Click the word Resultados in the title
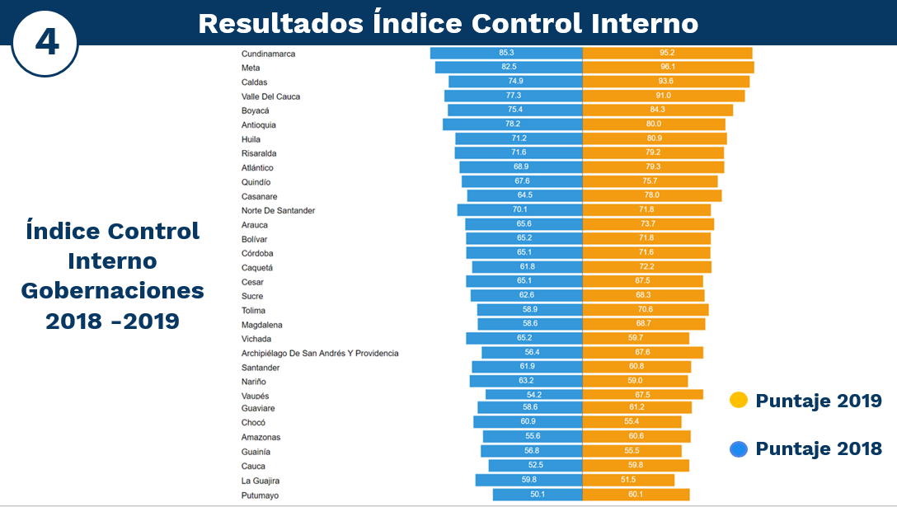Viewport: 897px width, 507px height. tap(279, 24)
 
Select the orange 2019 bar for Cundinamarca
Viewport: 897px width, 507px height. tap(667, 53)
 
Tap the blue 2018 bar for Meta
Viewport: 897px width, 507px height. tap(509, 68)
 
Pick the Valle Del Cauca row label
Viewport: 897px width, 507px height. tap(270, 96)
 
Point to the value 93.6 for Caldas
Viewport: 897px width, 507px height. tap(665, 82)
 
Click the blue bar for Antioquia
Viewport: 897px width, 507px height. tap(512, 124)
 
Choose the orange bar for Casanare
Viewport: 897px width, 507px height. tap(651, 196)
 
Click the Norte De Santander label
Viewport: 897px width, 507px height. tap(278, 210)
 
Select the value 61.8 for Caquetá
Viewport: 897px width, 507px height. tap(527, 267)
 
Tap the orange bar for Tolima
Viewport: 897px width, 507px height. tap(645, 310)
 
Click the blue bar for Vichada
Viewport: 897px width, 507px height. tap(524, 339)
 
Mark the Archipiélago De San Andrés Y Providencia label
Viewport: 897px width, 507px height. tap(320, 353)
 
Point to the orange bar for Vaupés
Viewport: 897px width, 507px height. tap(642, 395)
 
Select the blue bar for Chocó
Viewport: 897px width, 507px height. tap(528, 422)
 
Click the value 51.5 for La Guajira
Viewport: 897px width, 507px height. tap(628, 480)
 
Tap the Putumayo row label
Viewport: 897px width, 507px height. tap(260, 495)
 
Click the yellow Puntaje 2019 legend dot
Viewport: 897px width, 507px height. tap(739, 401)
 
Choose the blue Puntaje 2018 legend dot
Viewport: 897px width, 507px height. tap(739, 449)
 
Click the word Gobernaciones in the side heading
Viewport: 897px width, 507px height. tap(112, 290)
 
